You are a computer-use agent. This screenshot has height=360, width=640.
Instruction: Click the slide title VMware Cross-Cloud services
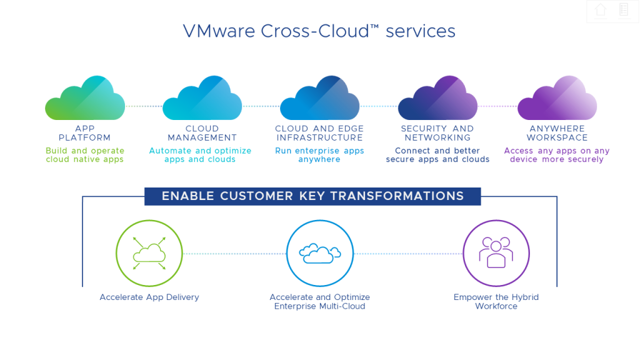pos(319,31)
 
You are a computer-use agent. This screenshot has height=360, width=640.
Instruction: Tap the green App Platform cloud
pos(85,98)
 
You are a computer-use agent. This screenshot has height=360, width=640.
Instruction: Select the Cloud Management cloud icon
pos(202,98)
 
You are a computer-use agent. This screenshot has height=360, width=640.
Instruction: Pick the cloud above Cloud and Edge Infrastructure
pos(319,98)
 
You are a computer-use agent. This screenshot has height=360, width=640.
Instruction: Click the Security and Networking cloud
pos(437,98)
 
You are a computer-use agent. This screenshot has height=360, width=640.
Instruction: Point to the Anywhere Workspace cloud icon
pos(557,98)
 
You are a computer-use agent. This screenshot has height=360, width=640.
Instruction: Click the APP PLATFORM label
pos(85,133)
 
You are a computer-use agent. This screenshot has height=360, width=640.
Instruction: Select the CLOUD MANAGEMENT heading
pos(202,133)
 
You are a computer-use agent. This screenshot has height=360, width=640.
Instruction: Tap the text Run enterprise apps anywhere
pos(319,155)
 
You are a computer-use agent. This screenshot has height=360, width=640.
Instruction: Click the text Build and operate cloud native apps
pos(85,155)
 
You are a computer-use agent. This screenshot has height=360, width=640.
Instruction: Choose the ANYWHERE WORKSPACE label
pos(557,133)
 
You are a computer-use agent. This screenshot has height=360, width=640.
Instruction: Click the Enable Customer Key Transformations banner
pos(312,196)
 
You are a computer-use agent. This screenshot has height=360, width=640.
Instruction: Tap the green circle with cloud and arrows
pos(149,253)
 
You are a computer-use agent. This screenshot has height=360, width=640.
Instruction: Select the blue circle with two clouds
pos(319,253)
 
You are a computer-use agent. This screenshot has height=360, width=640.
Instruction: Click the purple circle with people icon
pos(496,253)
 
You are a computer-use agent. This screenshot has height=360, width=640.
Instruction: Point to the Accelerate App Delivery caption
pos(149,297)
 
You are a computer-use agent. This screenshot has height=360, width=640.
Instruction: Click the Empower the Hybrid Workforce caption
pos(496,302)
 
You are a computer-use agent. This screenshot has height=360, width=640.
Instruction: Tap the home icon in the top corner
pos(601,10)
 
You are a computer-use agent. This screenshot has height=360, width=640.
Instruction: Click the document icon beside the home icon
pos(623,10)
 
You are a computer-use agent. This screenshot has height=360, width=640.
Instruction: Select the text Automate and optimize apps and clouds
pos(200,155)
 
